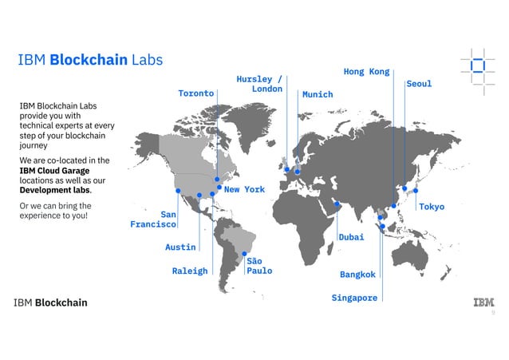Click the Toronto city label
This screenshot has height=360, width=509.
coord(195,93)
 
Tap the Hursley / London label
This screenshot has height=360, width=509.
coord(259,84)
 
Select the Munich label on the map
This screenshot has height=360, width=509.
coord(317,94)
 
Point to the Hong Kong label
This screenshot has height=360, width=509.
coord(366,72)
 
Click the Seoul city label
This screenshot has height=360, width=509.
coord(419,84)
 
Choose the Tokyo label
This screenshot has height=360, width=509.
coord(432,207)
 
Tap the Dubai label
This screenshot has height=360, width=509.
coord(351,237)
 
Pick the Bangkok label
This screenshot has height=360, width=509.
coord(357,275)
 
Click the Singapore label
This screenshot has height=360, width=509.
coord(354,298)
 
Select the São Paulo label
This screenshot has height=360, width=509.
coord(258,266)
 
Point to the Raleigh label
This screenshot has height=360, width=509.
coord(190,271)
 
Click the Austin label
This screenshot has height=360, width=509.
coord(180,247)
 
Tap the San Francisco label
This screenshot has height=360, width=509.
coord(154,220)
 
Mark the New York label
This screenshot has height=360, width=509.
coord(244,190)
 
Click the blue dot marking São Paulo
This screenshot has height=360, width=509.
coord(244,255)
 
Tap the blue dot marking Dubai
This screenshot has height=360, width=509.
coord(337,204)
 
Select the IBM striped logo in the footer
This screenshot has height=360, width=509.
coord(483,302)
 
